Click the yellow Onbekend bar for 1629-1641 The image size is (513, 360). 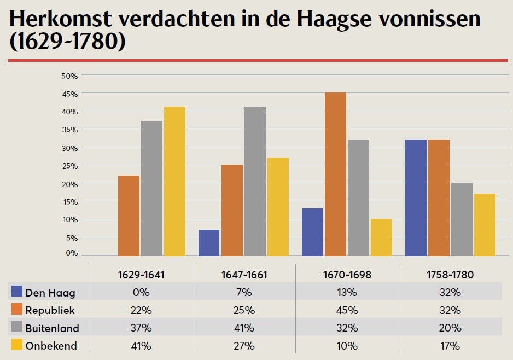tap(174, 181)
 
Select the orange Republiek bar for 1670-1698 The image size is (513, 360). tap(335, 174)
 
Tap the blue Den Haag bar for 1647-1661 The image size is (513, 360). tap(209, 242)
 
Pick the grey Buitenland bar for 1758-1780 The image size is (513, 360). tap(462, 219)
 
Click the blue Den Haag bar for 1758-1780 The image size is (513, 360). tap(416, 198)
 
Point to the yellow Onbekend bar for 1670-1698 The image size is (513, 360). tap(381, 237)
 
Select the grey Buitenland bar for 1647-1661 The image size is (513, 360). tap(255, 181)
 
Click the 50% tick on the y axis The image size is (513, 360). tap(69, 76)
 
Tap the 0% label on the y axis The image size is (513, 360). tap(72, 253)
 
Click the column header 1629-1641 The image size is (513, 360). tap(141, 275)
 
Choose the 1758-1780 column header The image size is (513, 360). tap(450, 275)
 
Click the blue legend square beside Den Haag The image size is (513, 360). tap(16, 292)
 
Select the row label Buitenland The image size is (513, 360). tap(52, 328)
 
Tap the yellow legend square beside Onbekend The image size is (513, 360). tap(16, 346)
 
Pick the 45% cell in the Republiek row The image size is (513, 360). tap(347, 310)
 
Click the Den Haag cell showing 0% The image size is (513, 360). tap(141, 292)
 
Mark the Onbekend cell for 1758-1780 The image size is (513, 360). tap(450, 346)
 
